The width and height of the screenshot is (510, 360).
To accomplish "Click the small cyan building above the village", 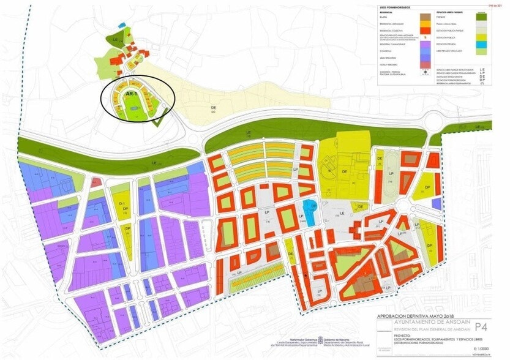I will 123,26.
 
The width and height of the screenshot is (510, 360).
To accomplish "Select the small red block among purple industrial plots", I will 96,182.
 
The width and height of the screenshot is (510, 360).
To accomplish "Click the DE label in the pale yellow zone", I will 212,108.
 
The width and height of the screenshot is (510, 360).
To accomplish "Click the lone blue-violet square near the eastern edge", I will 436,203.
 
